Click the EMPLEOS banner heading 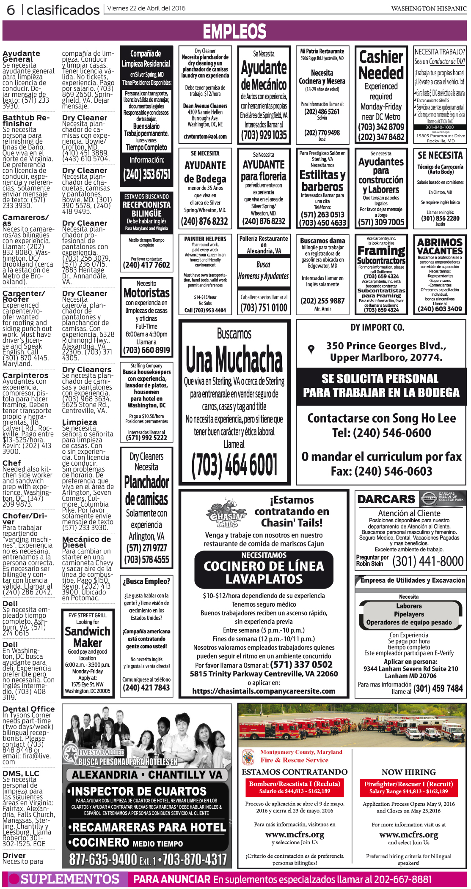point(234,32)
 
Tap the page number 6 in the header point(11,9)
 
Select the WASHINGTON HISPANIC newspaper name point(428,8)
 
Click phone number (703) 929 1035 point(264,135)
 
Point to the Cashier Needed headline point(381,65)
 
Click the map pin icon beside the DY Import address point(311,349)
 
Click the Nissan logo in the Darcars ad point(429,499)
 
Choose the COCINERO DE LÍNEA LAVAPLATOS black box point(264,572)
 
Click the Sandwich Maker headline point(88,637)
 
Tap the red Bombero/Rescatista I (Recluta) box point(295,787)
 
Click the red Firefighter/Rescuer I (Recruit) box point(408,787)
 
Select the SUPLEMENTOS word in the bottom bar point(70,879)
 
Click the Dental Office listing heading point(28,709)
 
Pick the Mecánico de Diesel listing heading point(86,542)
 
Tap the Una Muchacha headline point(234,359)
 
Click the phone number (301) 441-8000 point(428,562)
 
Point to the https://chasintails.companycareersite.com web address point(264,691)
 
